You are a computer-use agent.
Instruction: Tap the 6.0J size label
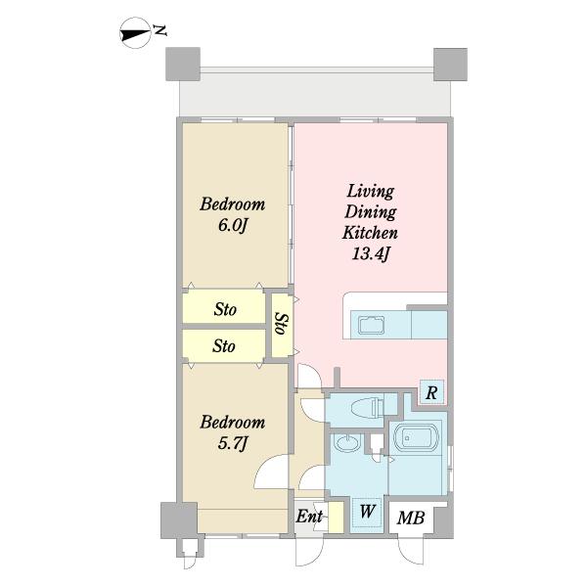pyautogui.click(x=233, y=225)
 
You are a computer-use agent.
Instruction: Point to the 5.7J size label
pyautogui.click(x=233, y=443)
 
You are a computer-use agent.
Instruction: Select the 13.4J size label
pyautogui.click(x=371, y=254)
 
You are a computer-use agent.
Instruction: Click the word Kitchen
pyautogui.click(x=370, y=233)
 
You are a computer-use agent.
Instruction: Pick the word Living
pyautogui.click(x=370, y=192)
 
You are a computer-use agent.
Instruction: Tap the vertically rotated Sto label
pyautogui.click(x=283, y=324)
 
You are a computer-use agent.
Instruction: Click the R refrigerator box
pyautogui.click(x=431, y=392)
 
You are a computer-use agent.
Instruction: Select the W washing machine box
pyautogui.click(x=367, y=513)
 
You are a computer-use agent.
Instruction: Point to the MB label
pyautogui.click(x=411, y=518)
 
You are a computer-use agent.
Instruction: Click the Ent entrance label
pyautogui.click(x=309, y=517)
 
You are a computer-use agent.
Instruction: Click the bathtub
pyautogui.click(x=417, y=437)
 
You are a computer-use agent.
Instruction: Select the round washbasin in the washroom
pyautogui.click(x=347, y=443)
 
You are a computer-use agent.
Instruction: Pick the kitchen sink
pyautogui.click(x=371, y=325)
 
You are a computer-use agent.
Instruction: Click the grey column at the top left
pyautogui.click(x=183, y=64)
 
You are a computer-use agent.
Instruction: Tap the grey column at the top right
pyautogui.click(x=450, y=64)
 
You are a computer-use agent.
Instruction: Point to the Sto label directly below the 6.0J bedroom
pyautogui.click(x=225, y=309)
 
